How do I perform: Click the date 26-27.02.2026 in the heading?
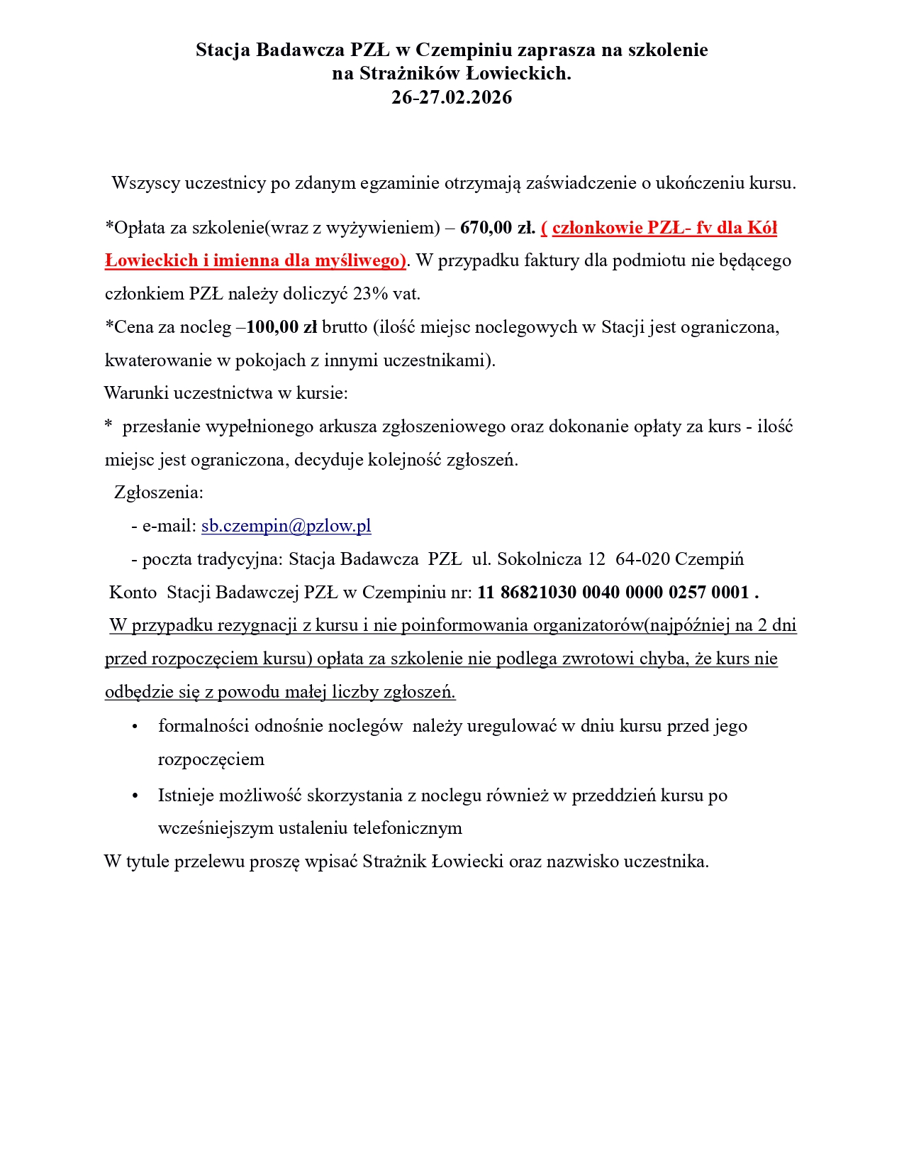pyautogui.click(x=452, y=97)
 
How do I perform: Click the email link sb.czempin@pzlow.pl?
pyautogui.click(x=286, y=526)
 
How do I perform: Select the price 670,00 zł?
pyautogui.click(x=497, y=228)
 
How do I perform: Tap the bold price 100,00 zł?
pyautogui.click(x=281, y=327)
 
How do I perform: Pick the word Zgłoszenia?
pyautogui.click(x=159, y=493)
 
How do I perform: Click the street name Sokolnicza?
pyautogui.click(x=540, y=559)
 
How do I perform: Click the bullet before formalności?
pyautogui.click(x=135, y=727)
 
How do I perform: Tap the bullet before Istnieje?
pyautogui.click(x=135, y=796)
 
